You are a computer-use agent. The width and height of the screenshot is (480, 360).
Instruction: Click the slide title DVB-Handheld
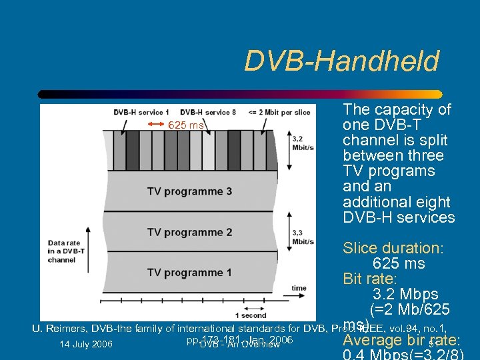[341, 61]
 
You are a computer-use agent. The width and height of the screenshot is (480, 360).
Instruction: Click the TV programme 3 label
[190, 192]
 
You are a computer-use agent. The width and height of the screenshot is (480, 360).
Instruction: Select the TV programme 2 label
[190, 233]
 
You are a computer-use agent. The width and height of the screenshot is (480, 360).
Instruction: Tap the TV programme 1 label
[190, 273]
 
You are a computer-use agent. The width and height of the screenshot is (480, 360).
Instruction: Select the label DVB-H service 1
[141, 112]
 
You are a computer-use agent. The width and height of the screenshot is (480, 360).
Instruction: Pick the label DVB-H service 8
[208, 112]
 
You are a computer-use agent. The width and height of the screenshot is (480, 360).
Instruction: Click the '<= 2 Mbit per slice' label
[279, 112]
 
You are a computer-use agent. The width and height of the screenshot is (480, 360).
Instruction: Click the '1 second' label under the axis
[251, 315]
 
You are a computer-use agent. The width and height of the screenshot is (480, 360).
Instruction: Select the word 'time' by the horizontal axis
[299, 288]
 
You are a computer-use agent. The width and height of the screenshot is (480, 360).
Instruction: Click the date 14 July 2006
[85, 345]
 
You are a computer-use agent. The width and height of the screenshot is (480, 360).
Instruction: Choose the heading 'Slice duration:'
[393, 249]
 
